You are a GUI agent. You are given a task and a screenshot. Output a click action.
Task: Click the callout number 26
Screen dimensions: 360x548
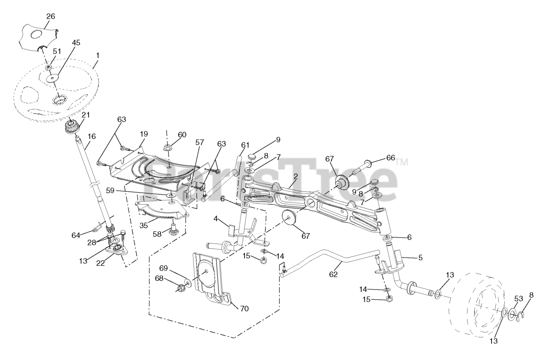pyautogui.click(x=51, y=16)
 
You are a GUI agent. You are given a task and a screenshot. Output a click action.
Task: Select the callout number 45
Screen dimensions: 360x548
pyautogui.click(x=76, y=43)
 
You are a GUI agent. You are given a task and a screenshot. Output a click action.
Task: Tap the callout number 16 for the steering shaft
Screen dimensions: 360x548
pyautogui.click(x=91, y=136)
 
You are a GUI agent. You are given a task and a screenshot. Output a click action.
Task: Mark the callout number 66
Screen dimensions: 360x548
pyautogui.click(x=390, y=158)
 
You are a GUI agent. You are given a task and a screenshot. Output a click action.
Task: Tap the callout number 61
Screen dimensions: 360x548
pyautogui.click(x=245, y=144)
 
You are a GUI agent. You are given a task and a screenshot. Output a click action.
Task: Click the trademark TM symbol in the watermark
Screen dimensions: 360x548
pyautogui.click(x=402, y=162)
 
